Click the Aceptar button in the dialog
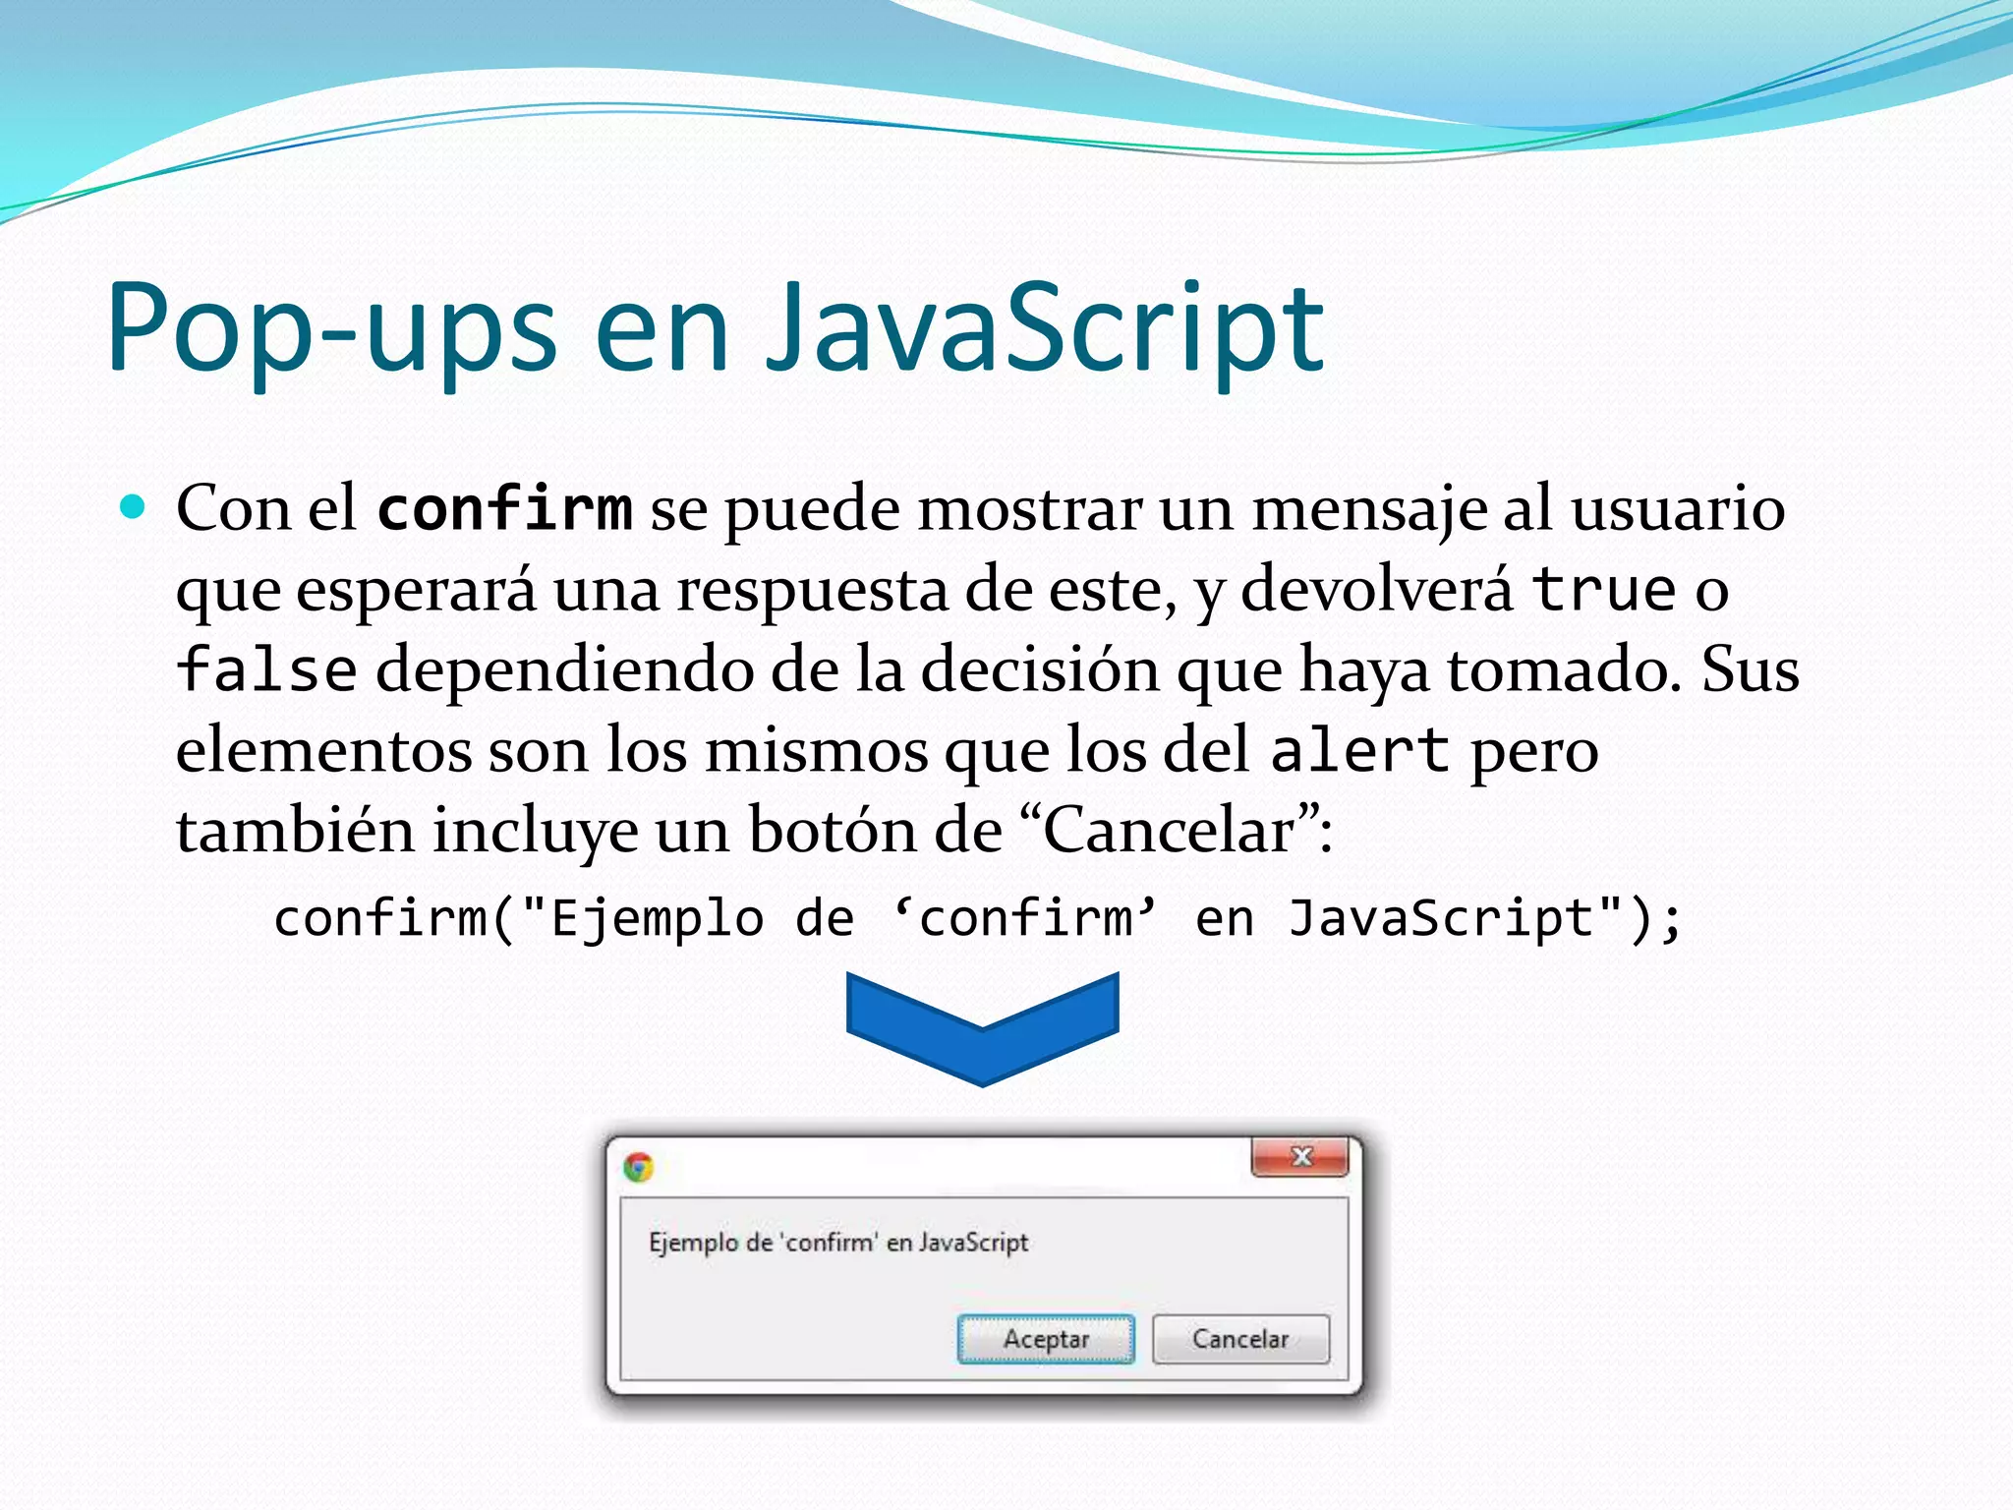click(x=1046, y=1339)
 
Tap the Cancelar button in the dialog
click(x=1240, y=1339)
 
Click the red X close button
click(x=1300, y=1157)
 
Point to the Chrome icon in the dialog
click(x=639, y=1167)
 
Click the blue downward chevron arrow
click(x=982, y=1027)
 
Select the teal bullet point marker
click(x=132, y=507)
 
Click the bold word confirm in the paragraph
click(x=504, y=509)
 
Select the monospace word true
click(x=1604, y=590)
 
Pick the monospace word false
click(x=266, y=670)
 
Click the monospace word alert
click(x=1359, y=751)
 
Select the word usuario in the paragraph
click(x=1677, y=509)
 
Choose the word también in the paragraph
click(x=295, y=831)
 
